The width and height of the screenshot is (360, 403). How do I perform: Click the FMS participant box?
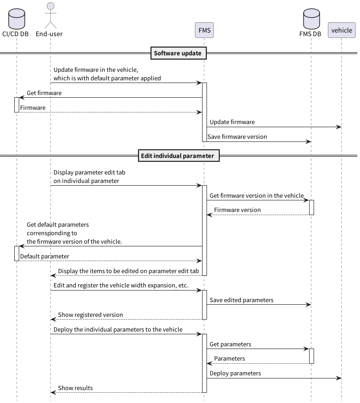[204, 30]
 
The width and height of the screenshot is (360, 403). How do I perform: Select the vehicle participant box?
[342, 30]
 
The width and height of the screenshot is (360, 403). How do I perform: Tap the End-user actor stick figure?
[50, 15]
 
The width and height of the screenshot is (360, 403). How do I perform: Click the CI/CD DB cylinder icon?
[17, 18]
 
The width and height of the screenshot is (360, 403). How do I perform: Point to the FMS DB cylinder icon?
[310, 18]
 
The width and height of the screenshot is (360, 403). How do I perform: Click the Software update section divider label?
[178, 54]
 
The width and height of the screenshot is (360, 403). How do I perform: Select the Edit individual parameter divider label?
[178, 156]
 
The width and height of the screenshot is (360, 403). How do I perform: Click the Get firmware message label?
[44, 93]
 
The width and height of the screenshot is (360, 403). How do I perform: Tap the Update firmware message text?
[232, 122]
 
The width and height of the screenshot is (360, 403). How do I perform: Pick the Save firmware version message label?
[237, 137]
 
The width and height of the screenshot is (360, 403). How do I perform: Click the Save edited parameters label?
[241, 300]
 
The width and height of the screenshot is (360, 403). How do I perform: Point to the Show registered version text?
[91, 315]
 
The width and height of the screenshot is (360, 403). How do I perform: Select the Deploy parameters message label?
[235, 373]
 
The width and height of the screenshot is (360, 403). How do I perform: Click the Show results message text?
[75, 388]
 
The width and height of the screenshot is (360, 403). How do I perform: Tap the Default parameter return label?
[45, 256]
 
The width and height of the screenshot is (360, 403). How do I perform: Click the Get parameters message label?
[230, 344]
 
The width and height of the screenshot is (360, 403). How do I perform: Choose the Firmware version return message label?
[237, 210]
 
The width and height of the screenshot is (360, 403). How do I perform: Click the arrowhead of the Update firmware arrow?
[339, 127]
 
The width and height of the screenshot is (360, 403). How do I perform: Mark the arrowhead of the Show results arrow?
[53, 393]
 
